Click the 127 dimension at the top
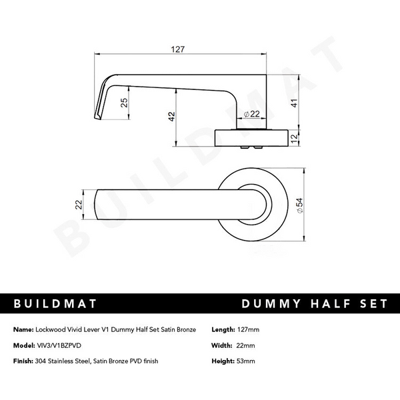(177, 49)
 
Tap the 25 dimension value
(124, 103)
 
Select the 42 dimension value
(172, 117)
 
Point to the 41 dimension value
(294, 103)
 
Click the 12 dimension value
(294, 138)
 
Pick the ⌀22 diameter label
(251, 114)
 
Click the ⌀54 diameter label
(300, 205)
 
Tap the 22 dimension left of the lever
(79, 205)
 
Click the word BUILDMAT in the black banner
(55, 303)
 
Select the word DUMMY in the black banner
(271, 303)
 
